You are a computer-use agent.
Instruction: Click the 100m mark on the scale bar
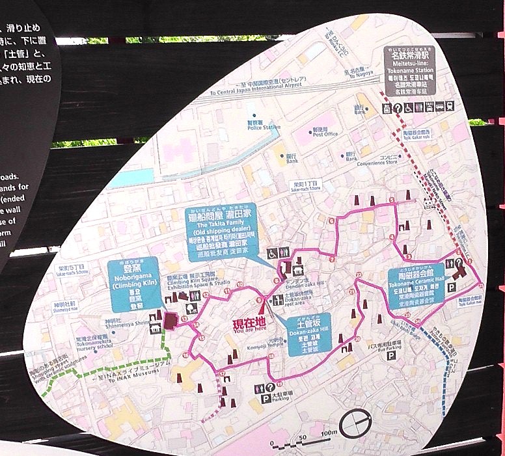coord(328,433)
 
